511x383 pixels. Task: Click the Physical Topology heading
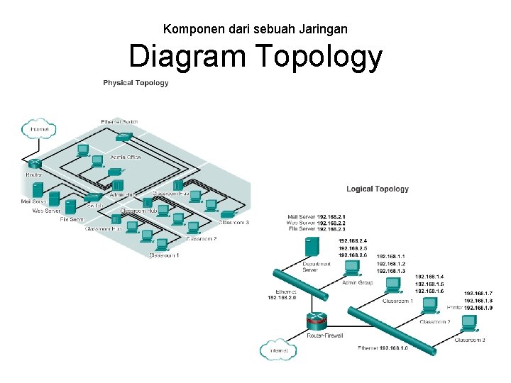[136, 83]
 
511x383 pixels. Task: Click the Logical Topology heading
[378, 189]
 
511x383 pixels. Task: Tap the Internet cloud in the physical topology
[39, 129]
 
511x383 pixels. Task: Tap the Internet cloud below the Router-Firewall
[278, 350]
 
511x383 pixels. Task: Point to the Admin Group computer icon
[351, 269]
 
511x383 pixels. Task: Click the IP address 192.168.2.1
[331, 216]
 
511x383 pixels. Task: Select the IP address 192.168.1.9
[478, 308]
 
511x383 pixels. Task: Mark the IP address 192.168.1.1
[391, 256]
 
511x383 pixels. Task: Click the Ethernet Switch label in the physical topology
[119, 122]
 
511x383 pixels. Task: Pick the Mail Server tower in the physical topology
[37, 190]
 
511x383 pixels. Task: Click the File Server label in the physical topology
[72, 221]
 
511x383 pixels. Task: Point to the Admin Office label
[126, 157]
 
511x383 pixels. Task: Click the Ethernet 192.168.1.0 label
[383, 348]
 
